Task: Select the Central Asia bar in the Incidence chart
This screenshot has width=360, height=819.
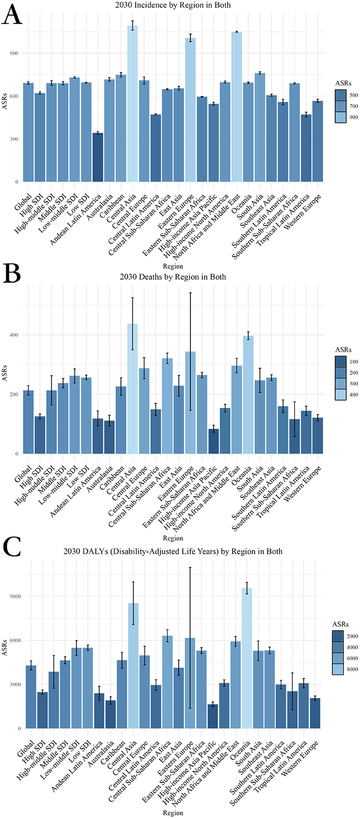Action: tap(133, 105)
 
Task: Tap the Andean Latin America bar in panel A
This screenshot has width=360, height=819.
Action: tap(98, 158)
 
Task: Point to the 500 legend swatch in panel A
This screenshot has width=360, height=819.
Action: tap(341, 95)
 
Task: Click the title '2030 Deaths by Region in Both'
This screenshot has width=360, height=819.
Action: tap(173, 277)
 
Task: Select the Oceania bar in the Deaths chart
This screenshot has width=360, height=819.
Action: tap(248, 395)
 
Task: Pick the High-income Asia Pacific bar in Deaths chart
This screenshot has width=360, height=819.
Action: tap(214, 441)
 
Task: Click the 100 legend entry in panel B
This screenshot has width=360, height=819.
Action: tap(341, 362)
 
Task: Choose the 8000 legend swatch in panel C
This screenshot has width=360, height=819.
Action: tap(338, 669)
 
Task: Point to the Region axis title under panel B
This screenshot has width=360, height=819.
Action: tap(173, 538)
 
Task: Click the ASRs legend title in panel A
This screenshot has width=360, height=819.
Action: tap(343, 83)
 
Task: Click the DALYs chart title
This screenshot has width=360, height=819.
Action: tap(173, 552)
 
